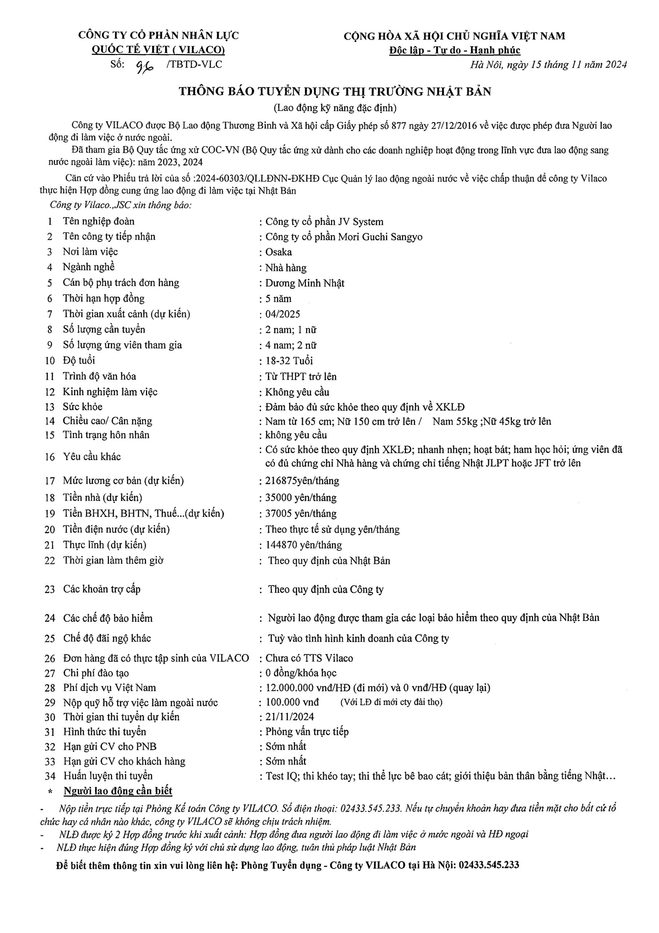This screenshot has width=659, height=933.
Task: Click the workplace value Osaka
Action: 279,252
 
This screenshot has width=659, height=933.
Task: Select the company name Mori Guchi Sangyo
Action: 380,237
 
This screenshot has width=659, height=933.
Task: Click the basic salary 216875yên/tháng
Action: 302,481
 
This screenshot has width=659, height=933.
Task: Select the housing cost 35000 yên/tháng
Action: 301,498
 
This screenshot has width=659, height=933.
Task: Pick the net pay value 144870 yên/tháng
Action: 303,545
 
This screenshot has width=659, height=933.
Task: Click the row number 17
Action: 50,481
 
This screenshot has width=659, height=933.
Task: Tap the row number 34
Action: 50,776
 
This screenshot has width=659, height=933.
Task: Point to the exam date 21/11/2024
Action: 289,717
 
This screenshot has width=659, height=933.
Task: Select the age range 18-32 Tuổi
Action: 289,361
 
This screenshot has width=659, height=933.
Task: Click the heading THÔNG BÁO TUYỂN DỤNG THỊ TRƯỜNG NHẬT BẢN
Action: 335,91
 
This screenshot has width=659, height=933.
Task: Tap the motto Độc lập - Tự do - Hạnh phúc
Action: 454,51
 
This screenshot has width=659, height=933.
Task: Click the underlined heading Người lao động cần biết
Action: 118,791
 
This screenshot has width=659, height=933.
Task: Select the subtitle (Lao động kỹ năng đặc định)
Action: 335,108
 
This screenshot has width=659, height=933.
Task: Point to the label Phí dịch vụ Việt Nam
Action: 109,688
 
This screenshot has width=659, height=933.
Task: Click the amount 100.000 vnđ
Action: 292,702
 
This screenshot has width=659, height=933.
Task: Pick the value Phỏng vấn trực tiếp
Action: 307,732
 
